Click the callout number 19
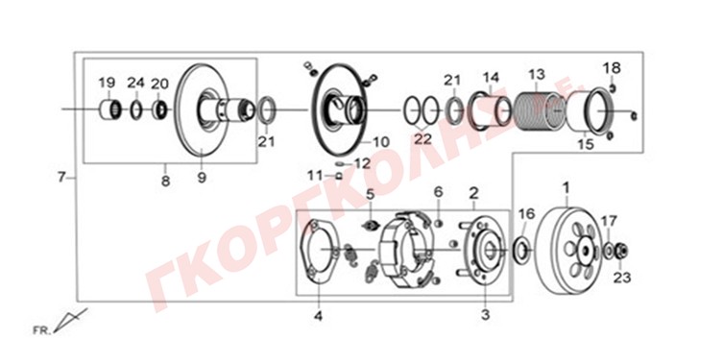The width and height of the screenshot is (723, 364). click(x=107, y=84)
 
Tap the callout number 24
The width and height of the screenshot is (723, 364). click(x=136, y=83)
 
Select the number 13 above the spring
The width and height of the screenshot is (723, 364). click(x=537, y=74)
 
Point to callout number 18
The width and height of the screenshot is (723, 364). click(x=612, y=68)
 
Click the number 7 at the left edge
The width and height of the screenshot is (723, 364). click(x=61, y=177)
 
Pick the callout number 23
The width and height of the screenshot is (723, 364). click(x=621, y=278)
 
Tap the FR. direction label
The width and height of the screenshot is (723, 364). click(x=42, y=330)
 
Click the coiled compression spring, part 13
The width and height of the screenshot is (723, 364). click(x=535, y=111)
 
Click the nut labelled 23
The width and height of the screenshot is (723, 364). click(x=621, y=251)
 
